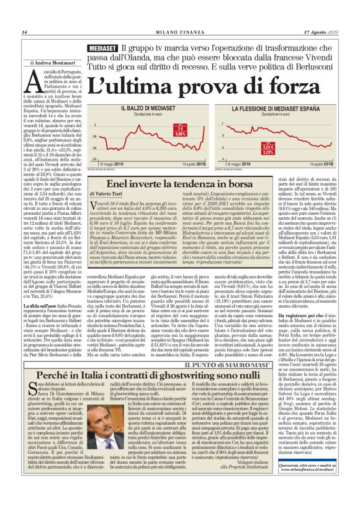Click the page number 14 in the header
[x=24, y=32]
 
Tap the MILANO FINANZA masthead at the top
[x=181, y=32]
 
